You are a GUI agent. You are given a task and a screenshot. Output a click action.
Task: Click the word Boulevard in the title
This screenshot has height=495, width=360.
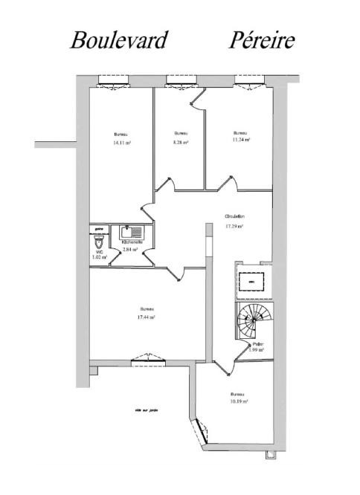click(x=119, y=39)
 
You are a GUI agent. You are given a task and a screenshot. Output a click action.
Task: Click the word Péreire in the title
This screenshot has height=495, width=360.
click(x=261, y=39)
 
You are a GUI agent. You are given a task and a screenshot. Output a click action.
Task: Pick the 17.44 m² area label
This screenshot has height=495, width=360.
click(x=145, y=317)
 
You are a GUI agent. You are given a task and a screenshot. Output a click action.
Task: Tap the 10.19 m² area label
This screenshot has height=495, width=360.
click(x=238, y=401)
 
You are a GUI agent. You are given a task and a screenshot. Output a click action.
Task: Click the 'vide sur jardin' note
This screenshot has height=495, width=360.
click(x=147, y=409)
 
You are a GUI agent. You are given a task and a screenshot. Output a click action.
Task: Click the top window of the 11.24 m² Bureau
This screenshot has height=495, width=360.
click(x=248, y=79)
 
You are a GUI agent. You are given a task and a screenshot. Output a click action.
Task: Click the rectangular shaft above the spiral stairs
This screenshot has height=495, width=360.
click(x=251, y=282)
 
